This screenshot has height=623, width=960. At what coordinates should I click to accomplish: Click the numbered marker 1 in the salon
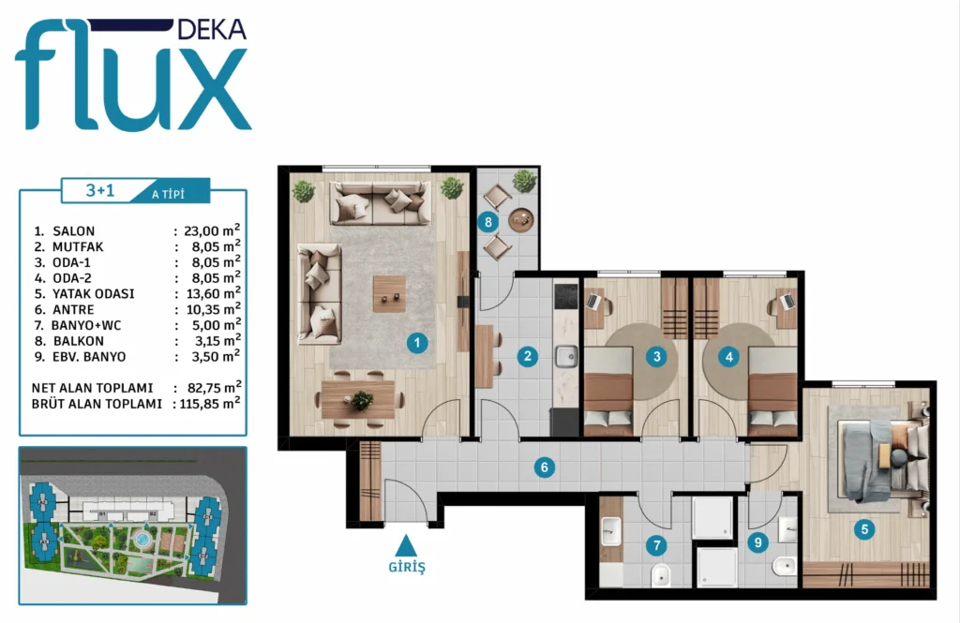417,343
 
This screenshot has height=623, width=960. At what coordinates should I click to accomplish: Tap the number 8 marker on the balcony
487,221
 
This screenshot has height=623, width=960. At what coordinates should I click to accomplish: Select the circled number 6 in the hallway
545,468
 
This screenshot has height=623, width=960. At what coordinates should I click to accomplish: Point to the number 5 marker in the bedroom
864,529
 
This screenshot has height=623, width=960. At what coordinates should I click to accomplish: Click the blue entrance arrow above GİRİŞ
406,545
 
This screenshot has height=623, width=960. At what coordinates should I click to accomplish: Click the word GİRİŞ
407,567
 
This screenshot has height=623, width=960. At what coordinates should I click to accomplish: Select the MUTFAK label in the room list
78,246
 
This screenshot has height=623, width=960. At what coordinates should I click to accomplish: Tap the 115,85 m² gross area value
210,403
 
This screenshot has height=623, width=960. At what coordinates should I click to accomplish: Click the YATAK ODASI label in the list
93,294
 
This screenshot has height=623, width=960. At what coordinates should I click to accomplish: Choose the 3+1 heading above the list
99,190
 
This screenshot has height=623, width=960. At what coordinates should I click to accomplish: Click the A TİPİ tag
168,195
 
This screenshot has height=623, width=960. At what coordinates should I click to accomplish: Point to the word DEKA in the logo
211,29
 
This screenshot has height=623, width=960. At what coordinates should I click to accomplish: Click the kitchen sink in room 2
566,356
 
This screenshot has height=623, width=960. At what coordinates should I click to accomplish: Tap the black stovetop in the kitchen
565,296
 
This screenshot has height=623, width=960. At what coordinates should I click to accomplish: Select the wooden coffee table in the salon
389,294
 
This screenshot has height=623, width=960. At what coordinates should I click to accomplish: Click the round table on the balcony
521,220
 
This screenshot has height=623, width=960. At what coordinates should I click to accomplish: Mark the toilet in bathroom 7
661,575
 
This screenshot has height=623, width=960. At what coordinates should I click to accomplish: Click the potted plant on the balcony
524,181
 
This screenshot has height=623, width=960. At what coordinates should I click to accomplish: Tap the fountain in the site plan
142,540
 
